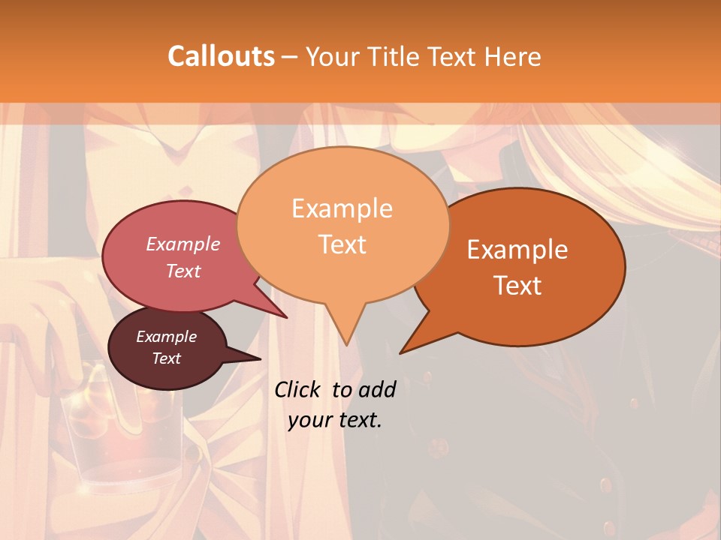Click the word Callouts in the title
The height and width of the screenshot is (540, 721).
221,56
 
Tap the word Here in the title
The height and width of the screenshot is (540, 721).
511,57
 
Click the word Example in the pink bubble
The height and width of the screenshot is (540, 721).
183,244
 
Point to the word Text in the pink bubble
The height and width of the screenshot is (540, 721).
183,271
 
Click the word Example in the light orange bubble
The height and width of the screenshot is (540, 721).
342,208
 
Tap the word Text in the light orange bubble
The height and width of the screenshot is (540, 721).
342,244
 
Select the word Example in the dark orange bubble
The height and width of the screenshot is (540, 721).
517,250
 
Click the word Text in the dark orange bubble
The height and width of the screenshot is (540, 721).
518,286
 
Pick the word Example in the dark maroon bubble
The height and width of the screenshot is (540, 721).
166,337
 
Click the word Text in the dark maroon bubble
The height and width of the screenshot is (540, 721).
166,358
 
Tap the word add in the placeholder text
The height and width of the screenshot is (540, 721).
376,389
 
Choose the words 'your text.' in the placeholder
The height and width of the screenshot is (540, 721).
335,420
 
